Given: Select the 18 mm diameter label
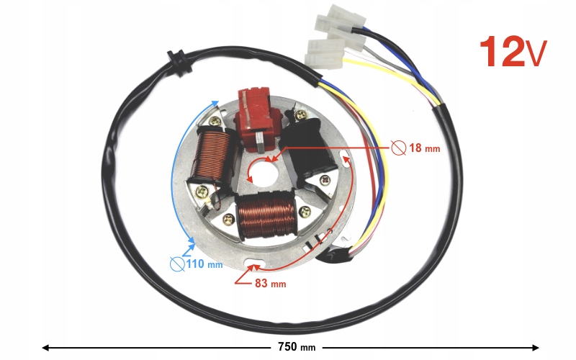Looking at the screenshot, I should point(423,148).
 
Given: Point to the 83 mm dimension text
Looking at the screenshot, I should point(271,283).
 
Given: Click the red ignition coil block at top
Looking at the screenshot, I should point(256,116).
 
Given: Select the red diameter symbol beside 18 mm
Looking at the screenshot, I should point(398,148).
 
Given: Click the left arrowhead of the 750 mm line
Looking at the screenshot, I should point(45,347).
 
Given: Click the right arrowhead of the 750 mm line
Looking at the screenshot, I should point(536,347).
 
